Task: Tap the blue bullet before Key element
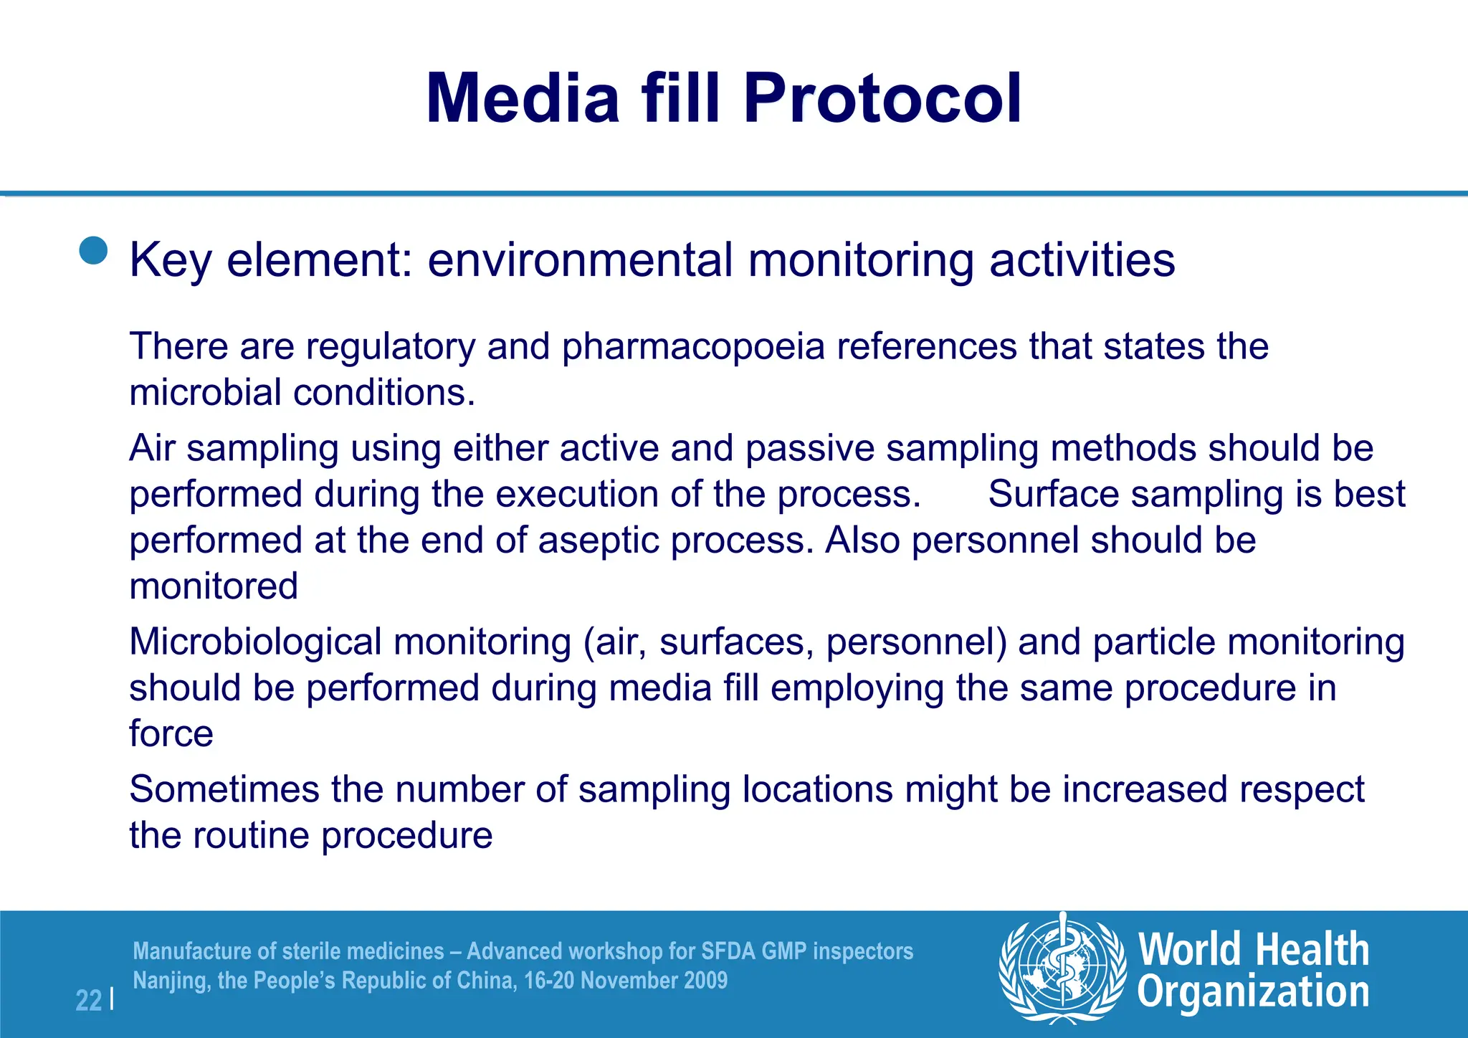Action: (93, 251)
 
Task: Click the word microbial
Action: (205, 393)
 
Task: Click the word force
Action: (171, 734)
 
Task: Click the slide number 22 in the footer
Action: (89, 1000)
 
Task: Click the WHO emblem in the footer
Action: (1062, 967)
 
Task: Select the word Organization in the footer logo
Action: (1253, 993)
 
